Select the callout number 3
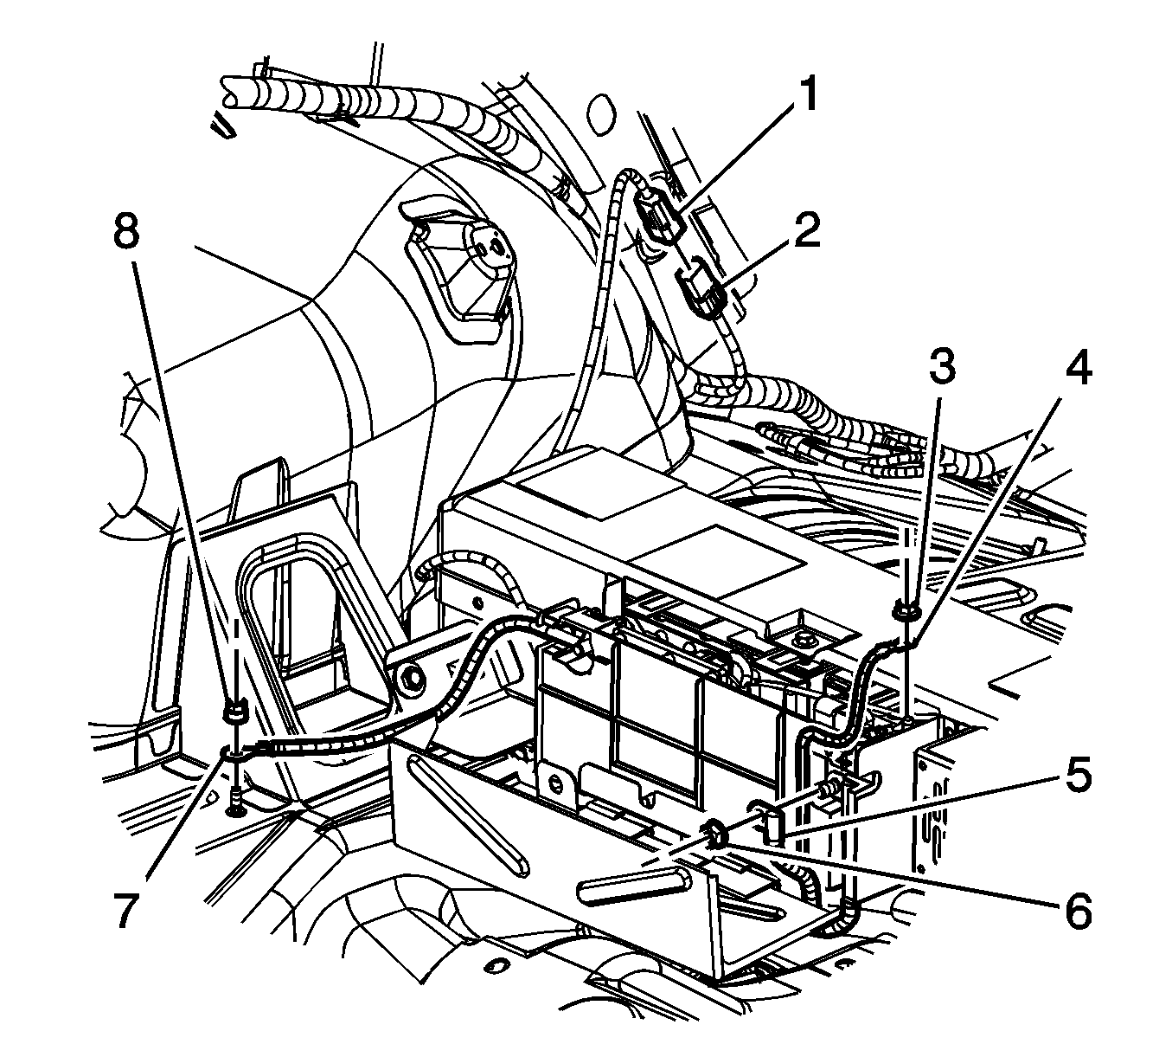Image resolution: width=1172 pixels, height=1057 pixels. [942, 368]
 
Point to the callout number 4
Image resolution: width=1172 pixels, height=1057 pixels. [1076, 368]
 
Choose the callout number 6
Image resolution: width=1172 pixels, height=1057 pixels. [1076, 912]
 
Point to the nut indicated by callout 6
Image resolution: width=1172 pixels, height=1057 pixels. [714, 835]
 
